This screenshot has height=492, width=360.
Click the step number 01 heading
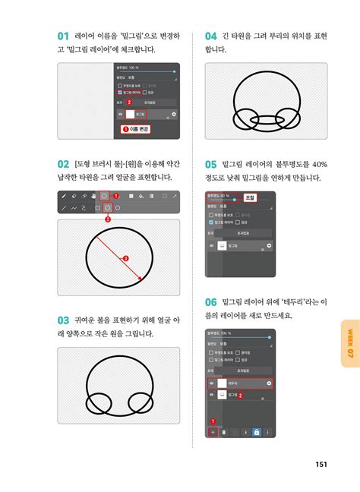[x=63, y=36]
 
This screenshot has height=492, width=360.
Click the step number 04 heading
[x=212, y=36]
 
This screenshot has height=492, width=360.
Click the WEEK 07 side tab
[x=349, y=343]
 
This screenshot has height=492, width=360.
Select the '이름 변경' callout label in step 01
[x=137, y=129]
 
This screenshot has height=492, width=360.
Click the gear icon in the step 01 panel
[x=174, y=114]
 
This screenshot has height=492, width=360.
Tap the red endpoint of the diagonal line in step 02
[x=140, y=279]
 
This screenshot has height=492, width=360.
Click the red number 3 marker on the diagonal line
[x=125, y=259]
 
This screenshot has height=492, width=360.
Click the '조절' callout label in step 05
[x=250, y=197]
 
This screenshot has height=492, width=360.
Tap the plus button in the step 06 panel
[x=213, y=431]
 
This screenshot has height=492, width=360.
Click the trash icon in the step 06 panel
[x=223, y=431]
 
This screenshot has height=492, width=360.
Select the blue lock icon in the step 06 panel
[x=257, y=431]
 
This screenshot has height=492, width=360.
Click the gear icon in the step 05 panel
[x=268, y=246]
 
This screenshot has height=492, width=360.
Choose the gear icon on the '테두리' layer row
[x=268, y=383]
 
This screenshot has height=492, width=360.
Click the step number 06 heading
[x=212, y=302]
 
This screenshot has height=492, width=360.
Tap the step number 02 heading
[x=63, y=163]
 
